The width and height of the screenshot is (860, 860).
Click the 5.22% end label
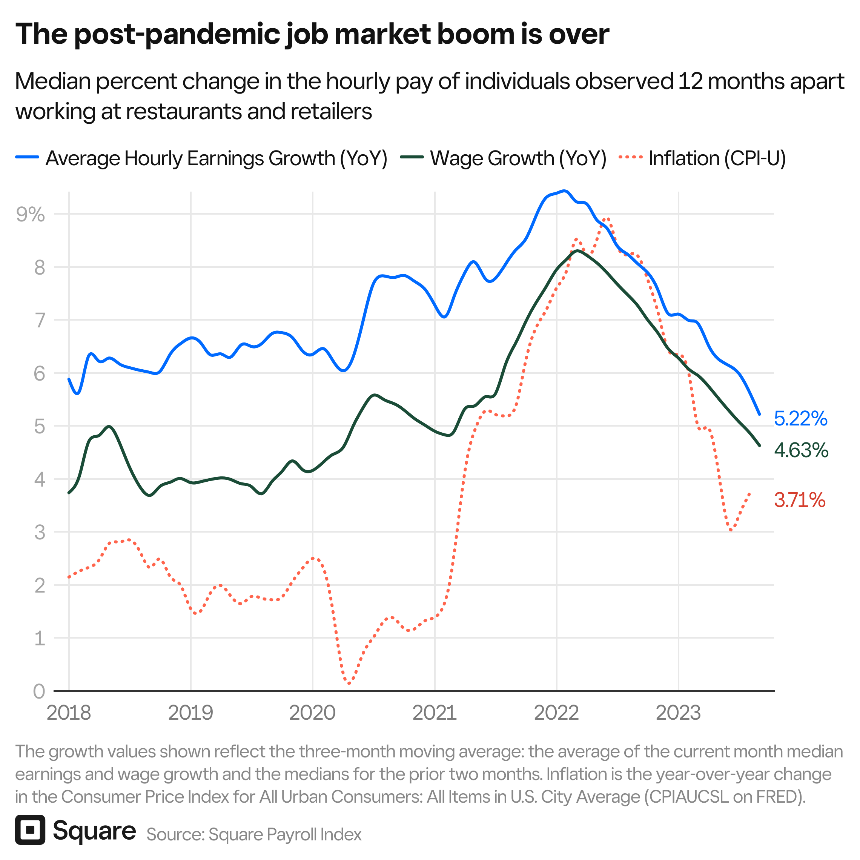pos(800,419)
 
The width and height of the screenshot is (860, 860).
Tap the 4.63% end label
pos(801,450)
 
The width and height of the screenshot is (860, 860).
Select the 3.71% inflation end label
pos(800,500)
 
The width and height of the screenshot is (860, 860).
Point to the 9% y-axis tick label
pos(30,215)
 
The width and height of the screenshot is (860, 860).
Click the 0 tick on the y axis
pos(39,691)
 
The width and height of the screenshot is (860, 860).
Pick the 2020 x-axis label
pos(312,713)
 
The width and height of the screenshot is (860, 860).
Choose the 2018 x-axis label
pos(69,713)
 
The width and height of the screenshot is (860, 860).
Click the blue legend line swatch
pos(27,157)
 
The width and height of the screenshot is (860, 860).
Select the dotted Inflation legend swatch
pos(631,157)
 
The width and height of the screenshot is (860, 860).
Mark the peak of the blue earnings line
pos(564,191)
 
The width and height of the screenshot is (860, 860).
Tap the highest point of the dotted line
pos(606,218)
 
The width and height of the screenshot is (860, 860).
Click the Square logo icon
pos(30,830)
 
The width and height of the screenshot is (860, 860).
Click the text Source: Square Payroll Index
pos(254,835)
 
